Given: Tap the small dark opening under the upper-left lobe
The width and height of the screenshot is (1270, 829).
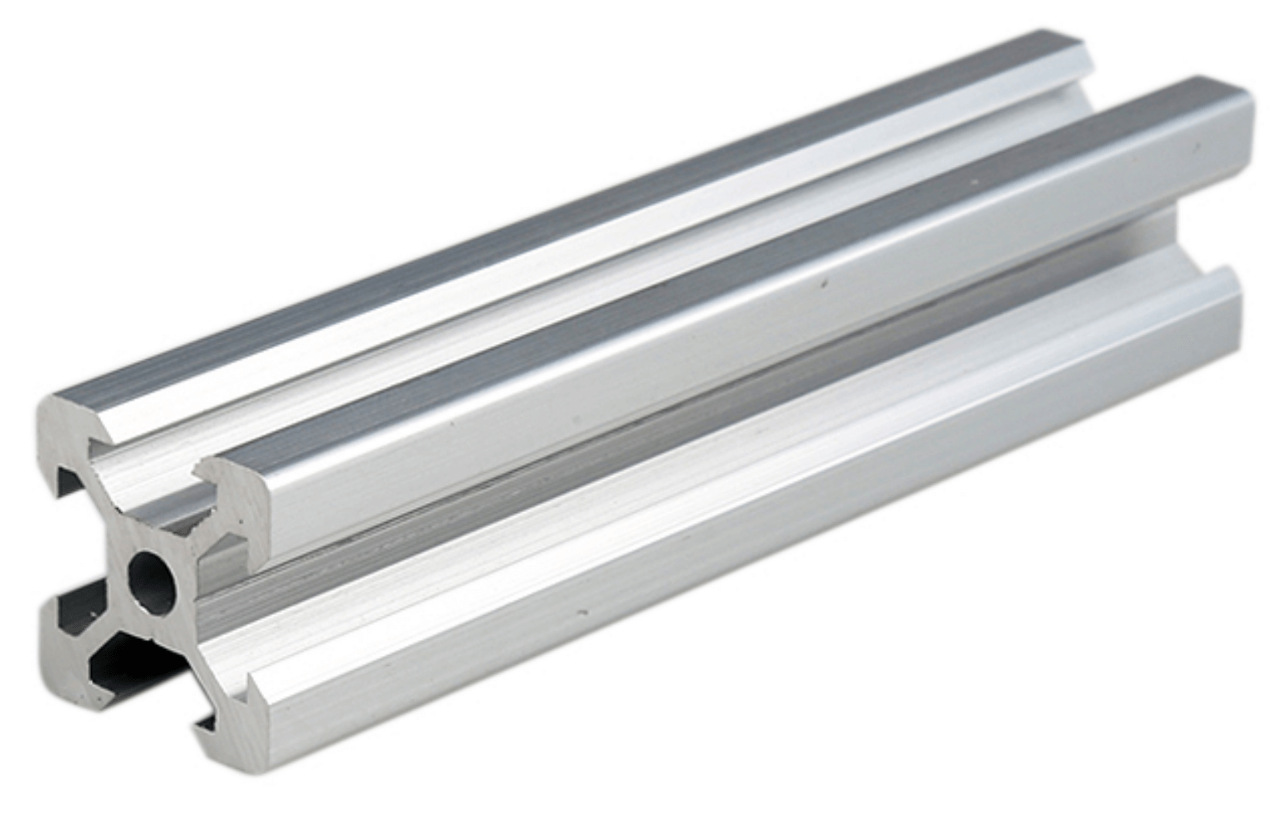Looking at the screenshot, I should click(68, 479).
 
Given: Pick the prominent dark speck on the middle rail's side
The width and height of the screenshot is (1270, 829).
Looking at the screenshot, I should click(824, 284).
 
